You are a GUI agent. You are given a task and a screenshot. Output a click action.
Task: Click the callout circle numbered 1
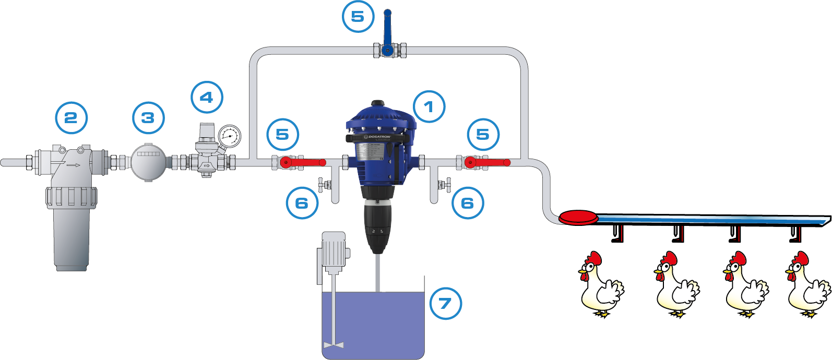[x=429, y=107]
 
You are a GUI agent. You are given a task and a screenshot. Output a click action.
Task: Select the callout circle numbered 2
[x=71, y=118]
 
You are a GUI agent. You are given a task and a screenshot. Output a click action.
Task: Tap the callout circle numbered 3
[x=148, y=118]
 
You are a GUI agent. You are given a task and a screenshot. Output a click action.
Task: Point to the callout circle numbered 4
[x=207, y=98]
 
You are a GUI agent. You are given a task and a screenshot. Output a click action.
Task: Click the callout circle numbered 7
[x=445, y=303]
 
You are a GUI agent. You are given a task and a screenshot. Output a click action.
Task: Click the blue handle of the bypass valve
[x=387, y=29]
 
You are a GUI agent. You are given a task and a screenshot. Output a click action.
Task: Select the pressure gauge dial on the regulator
[x=229, y=137]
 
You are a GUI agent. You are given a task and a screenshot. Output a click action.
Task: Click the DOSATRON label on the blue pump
[x=379, y=137]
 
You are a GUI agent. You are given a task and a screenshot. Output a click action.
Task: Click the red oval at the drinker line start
[x=578, y=217]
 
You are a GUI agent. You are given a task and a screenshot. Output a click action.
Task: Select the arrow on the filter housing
[x=73, y=165]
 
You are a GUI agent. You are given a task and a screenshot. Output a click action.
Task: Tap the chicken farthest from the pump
[x=806, y=284]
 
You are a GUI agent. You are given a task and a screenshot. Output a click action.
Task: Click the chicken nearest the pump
[x=600, y=284]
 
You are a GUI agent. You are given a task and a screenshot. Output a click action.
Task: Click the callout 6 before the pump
[x=302, y=203]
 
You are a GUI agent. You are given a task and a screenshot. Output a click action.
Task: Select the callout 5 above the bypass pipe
[x=358, y=17]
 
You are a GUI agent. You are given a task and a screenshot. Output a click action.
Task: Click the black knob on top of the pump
[x=377, y=103]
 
